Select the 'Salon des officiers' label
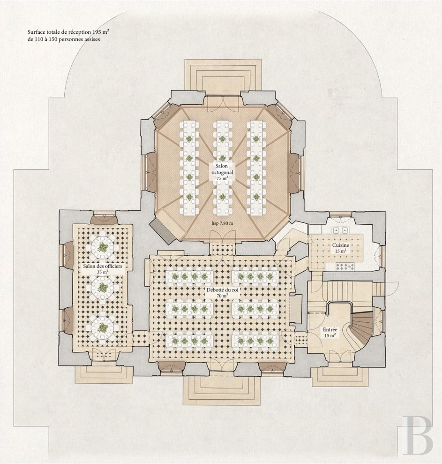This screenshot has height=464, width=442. [102, 266]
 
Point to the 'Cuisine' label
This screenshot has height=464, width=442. [341, 245]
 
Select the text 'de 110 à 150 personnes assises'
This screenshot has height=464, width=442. [64, 39]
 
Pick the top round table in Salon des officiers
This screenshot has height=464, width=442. [103, 246]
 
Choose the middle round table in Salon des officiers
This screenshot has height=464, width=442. [103, 287]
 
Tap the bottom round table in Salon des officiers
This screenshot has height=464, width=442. [103, 327]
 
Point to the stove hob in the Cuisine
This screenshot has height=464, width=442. [345, 266]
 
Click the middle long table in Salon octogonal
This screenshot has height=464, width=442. [223, 168]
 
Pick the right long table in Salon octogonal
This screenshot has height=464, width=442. [256, 168]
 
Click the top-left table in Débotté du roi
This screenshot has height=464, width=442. [189, 276]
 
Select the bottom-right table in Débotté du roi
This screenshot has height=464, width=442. [255, 341]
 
